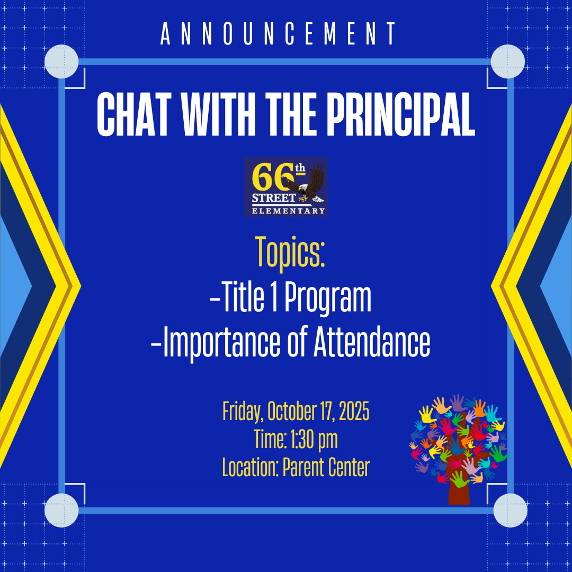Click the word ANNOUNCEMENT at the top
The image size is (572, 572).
[278, 33]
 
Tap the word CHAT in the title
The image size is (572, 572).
[134, 114]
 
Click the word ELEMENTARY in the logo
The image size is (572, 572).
[288, 211]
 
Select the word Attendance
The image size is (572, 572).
[372, 341]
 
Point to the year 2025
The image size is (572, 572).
[354, 411]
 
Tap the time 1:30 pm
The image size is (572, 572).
[314, 440]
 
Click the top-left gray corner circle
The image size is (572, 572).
[61, 61]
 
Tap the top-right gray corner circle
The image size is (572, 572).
[507, 61]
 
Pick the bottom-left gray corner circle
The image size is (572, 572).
[61, 511]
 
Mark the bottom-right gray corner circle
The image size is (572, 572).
[510, 511]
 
